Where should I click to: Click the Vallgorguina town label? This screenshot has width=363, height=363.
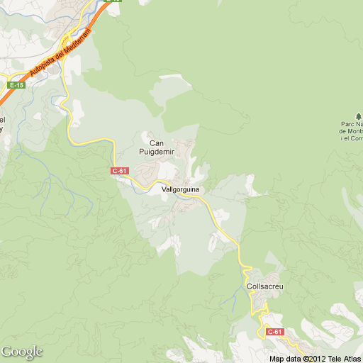click(x=181, y=190)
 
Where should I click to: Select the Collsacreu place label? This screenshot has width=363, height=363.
click(x=265, y=286)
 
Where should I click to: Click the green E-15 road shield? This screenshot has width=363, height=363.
click(x=16, y=85)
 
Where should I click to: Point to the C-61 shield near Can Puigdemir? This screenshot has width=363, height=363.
click(x=120, y=171)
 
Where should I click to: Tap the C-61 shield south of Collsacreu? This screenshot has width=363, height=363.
click(x=274, y=332)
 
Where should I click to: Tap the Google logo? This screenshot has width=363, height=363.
click(x=22, y=352)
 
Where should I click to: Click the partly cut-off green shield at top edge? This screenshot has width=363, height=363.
click(x=112, y=1)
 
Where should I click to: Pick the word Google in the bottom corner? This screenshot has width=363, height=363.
click(x=22, y=352)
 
